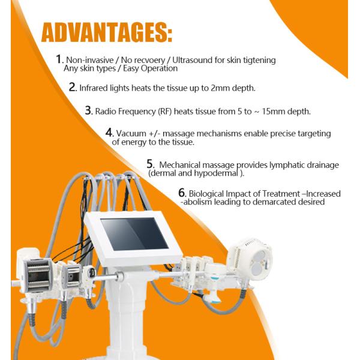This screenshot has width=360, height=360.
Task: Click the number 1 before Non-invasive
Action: pyautogui.click(x=59, y=59)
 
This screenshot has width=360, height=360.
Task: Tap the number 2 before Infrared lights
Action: pyautogui.click(x=73, y=87)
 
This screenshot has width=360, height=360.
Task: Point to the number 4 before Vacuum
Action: pyautogui.click(x=109, y=132)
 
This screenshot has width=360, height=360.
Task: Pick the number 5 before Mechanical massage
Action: pyautogui.click(x=150, y=163)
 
